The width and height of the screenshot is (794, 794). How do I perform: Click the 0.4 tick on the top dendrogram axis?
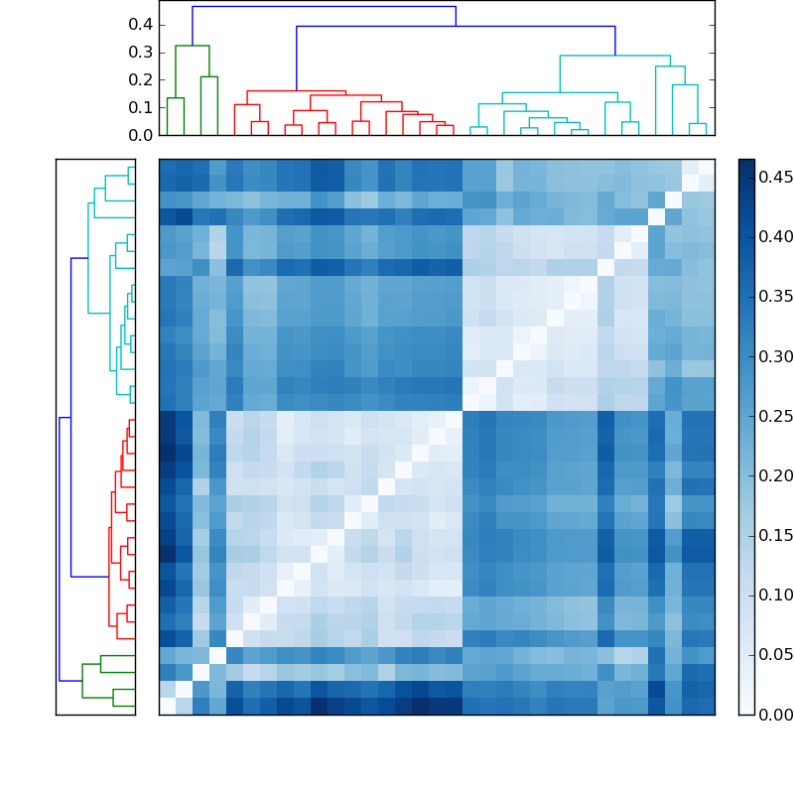pos(141,24)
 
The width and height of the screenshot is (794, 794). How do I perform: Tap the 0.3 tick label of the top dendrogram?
pos(141,52)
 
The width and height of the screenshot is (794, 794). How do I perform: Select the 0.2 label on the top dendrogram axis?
pos(141,79)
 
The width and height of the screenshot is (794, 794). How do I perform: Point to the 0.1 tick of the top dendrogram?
pos(141,107)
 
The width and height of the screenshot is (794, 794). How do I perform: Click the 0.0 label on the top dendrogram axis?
pos(141,135)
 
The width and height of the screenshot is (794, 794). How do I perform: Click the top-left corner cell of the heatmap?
pos(167,167)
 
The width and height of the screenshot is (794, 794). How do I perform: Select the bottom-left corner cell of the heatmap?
pos(167,706)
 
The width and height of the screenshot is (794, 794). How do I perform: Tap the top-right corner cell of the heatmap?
pos(706,167)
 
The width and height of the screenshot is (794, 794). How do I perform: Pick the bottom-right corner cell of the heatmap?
pos(706,706)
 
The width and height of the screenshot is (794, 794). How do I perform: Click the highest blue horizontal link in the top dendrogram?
pos(324,7)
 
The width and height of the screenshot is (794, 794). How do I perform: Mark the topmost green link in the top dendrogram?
pos(192,46)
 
